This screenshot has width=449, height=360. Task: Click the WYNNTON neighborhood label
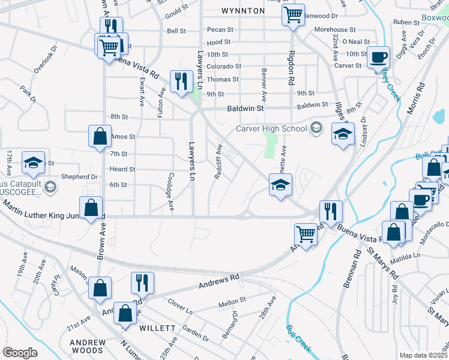click(x=243, y=11)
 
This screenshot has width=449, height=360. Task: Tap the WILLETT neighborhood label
click(x=157, y=328)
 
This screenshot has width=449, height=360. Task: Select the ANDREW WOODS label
click(x=88, y=347)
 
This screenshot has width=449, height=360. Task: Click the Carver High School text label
click(x=272, y=128)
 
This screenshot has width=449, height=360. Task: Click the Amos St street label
click(x=123, y=137)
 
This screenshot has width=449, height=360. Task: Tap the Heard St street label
click(x=122, y=169)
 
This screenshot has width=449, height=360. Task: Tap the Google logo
click(x=20, y=353)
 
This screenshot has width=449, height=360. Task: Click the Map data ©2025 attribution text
click(x=424, y=355)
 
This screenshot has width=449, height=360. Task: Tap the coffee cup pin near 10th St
click(x=378, y=58)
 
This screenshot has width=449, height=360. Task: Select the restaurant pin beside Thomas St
click(x=181, y=82)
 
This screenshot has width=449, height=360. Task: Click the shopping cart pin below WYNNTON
click(x=293, y=15)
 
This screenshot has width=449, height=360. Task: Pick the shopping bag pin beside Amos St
click(x=100, y=136)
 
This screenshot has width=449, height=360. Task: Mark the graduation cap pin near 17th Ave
click(x=34, y=163)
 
